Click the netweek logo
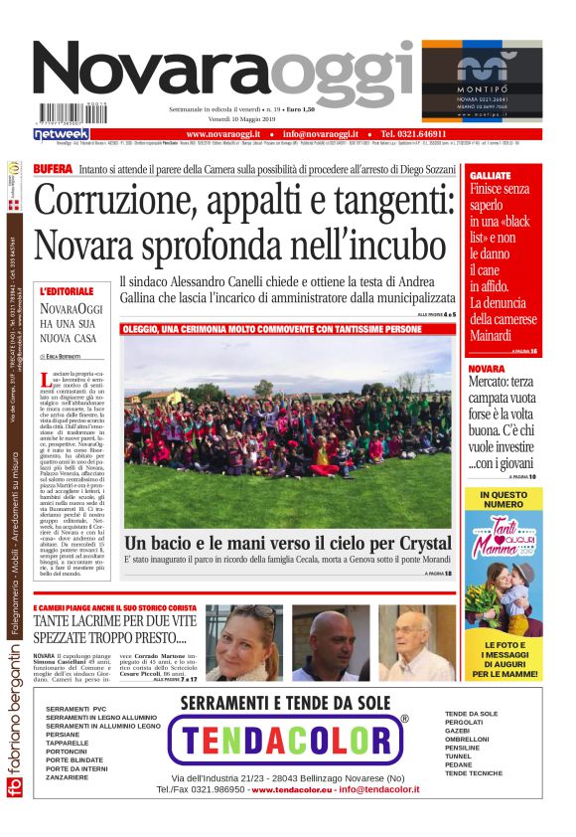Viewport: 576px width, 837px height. pyautogui.click(x=62, y=133)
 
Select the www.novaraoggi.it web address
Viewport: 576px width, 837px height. pyautogui.click(x=222, y=133)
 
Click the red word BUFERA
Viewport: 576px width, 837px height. pyautogui.click(x=53, y=170)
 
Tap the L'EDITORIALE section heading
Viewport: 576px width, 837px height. pyautogui.click(x=67, y=291)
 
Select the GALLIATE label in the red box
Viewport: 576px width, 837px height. pyautogui.click(x=490, y=175)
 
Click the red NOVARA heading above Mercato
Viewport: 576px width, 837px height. pyautogui.click(x=486, y=369)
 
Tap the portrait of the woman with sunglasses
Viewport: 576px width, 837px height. pyautogui.click(x=243, y=642)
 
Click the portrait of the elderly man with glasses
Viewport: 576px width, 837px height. pyautogui.click(x=416, y=642)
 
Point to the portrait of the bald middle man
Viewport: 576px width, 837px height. pyautogui.click(x=330, y=642)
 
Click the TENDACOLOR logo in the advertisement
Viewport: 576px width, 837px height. pyautogui.click(x=288, y=740)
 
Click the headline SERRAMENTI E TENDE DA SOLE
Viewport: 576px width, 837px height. pyautogui.click(x=285, y=702)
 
